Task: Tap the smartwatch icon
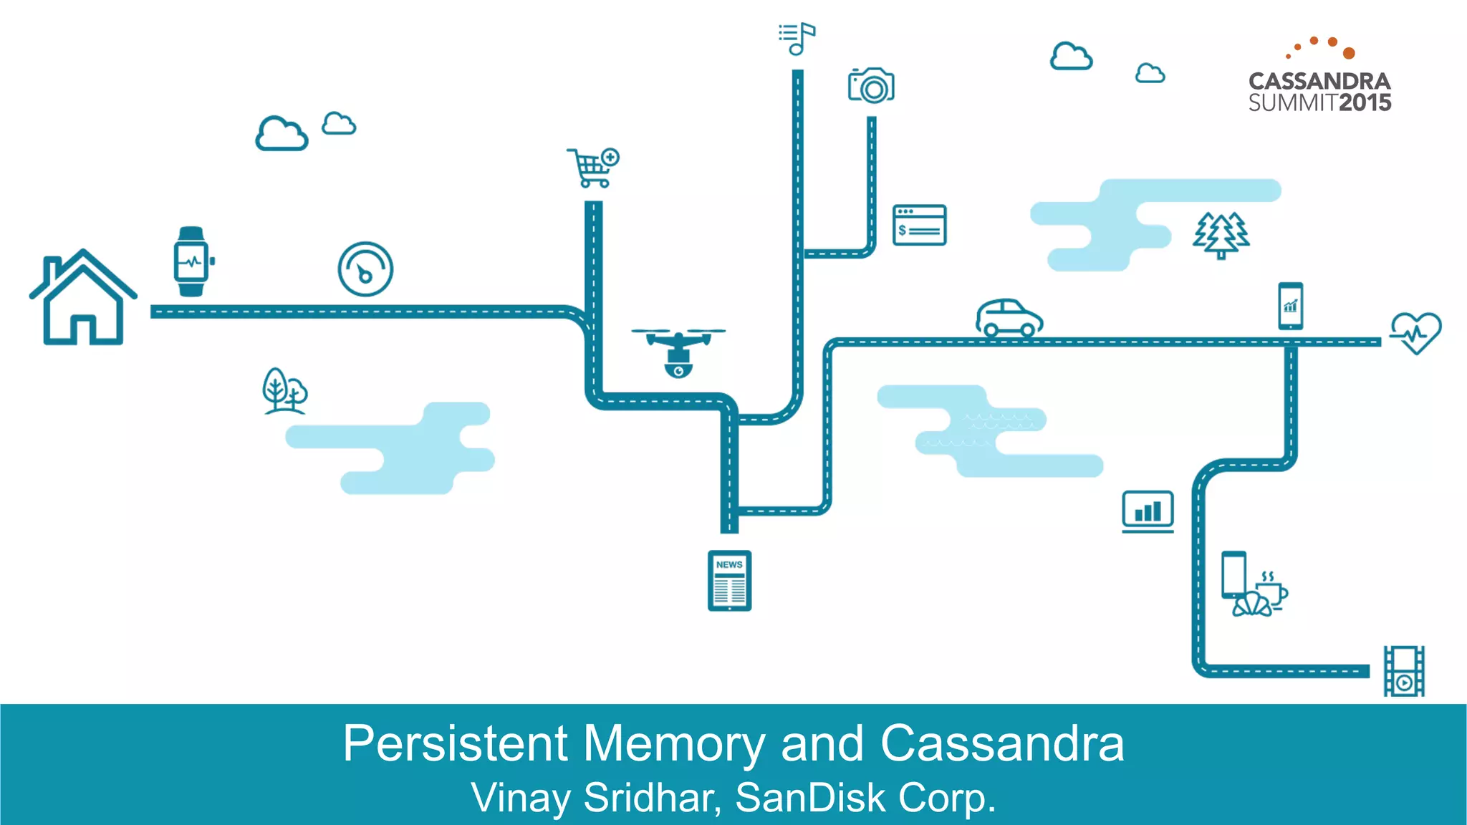(191, 261)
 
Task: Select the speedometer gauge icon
(365, 269)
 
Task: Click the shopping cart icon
(593, 168)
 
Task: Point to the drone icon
(678, 351)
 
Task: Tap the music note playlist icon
(797, 38)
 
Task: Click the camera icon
(871, 86)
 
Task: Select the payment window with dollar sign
(919, 225)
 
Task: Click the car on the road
(1009, 318)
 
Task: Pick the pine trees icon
(1221, 235)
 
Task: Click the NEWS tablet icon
(729, 581)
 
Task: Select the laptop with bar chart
(1148, 511)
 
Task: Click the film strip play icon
(1404, 671)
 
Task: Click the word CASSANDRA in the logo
(1319, 81)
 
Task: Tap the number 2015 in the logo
(1365, 103)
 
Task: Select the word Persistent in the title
(456, 743)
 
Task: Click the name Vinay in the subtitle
(520, 798)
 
